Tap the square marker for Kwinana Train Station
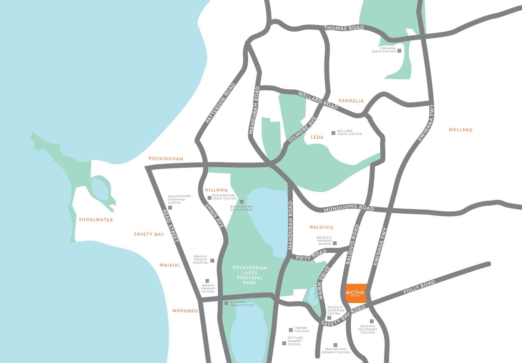tap(399, 51)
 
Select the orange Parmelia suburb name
tap(351, 101)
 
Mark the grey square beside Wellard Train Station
tap(333, 133)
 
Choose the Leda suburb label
tap(317, 137)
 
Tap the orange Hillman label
tap(216, 190)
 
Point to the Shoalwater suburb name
tap(96, 220)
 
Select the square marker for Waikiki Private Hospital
tap(212, 260)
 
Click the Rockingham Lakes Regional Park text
tap(249, 275)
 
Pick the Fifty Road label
tap(311, 256)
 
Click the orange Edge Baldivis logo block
tap(356, 293)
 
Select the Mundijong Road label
tap(349, 209)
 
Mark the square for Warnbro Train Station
tap(226, 303)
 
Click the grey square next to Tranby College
tap(291, 330)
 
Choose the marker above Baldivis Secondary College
tap(372, 321)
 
